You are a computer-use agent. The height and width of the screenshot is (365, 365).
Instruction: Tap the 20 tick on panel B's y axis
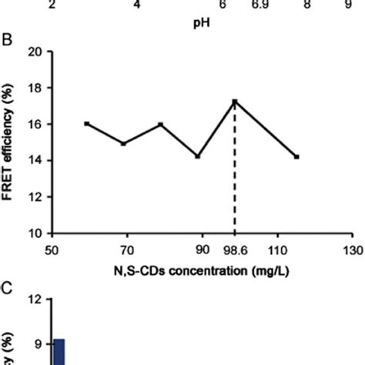pos(35,52)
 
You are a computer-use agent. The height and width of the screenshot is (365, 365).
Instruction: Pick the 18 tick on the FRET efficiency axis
pos(35,89)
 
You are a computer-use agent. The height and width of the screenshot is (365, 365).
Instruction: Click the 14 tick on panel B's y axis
pos(35,160)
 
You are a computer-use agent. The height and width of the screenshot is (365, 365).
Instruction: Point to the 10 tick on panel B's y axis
pos(35,233)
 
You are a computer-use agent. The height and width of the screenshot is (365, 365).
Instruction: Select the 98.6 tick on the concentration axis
pos(234,249)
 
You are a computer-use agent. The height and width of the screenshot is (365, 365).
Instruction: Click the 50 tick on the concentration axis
pos(52,249)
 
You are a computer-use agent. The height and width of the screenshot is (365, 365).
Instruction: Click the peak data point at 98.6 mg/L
pos(234,102)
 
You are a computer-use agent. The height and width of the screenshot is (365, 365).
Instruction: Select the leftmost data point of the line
pos(86,123)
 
